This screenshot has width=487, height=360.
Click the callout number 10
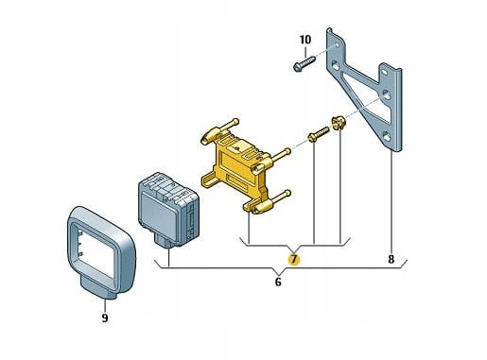click(x=304, y=40)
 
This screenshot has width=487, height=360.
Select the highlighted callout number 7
click(x=294, y=259)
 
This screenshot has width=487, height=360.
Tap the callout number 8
click(x=391, y=259)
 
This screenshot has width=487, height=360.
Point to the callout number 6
click(x=278, y=282)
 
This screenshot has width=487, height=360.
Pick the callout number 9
click(x=105, y=317)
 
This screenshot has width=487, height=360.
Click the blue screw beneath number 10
click(x=304, y=63)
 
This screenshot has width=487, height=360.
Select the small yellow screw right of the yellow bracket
click(x=318, y=134)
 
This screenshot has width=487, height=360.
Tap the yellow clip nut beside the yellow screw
click(x=338, y=123)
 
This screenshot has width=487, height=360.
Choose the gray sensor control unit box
click(x=168, y=209)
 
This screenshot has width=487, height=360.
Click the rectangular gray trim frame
click(x=101, y=249)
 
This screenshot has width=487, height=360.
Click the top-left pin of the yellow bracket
click(x=220, y=129)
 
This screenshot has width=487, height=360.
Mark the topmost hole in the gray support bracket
click(x=338, y=45)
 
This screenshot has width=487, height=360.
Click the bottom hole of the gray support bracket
click(x=387, y=136)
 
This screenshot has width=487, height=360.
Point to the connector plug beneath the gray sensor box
click(x=164, y=243)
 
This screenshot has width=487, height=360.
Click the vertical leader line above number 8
click(x=391, y=202)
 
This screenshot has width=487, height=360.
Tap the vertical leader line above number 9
click(x=105, y=305)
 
